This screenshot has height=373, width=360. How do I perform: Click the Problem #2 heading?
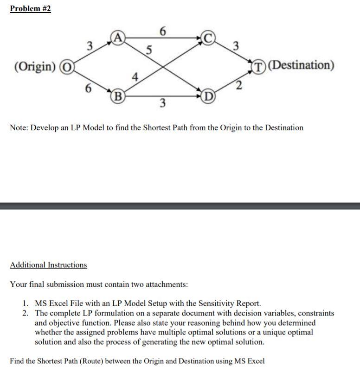(x=30, y=9)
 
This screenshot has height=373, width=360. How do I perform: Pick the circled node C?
(x=208, y=38)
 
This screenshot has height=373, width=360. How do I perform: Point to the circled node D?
(x=208, y=96)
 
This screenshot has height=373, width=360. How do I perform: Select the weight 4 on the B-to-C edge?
(x=135, y=76)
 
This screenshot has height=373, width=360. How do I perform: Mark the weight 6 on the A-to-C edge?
(x=162, y=31)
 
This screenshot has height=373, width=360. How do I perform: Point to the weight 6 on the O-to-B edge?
(x=88, y=88)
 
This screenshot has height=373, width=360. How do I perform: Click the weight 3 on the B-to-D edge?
(x=162, y=103)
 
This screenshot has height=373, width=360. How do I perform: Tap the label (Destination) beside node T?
(x=302, y=65)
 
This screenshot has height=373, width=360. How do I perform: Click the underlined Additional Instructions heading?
(x=48, y=265)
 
